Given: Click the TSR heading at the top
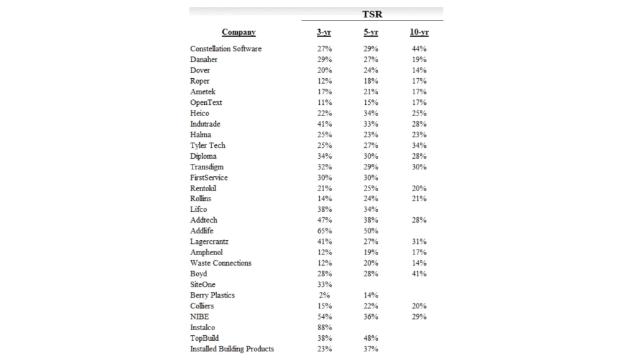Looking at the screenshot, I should point(372,14).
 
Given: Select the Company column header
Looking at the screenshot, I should point(238,32).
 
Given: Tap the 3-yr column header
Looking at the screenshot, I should point(324,32).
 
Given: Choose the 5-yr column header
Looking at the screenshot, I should point(371,32).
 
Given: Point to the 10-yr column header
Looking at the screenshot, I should point(419,32).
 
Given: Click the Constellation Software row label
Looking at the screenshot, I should point(225,48).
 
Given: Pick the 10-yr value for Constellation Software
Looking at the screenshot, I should point(419,48).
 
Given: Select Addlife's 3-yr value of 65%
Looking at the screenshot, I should point(324,231).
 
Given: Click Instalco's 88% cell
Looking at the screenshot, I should point(324,327).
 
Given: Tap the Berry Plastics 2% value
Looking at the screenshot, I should point(324,295).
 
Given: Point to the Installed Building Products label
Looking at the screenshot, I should point(232,349).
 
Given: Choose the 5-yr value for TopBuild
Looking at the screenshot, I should point(371,338).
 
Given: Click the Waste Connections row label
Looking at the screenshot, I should point(220,263).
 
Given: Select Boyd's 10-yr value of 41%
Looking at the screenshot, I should point(419,274).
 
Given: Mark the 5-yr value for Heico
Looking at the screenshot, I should point(371,113).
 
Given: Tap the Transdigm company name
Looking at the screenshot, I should point(207,167).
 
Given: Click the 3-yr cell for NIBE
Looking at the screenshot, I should point(324,317).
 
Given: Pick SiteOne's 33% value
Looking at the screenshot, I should point(324,284).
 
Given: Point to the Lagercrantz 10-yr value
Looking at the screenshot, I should point(419,241).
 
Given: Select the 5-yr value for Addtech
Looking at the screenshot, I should point(371,220).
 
